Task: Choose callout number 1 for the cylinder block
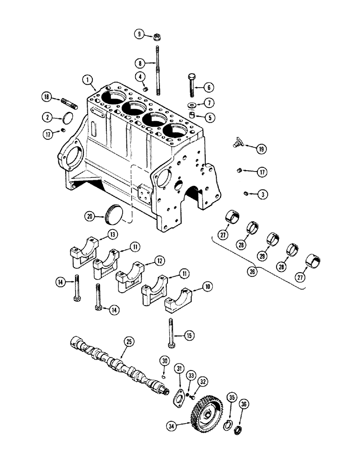coord(87,80)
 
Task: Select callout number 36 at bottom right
coord(244,404)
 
